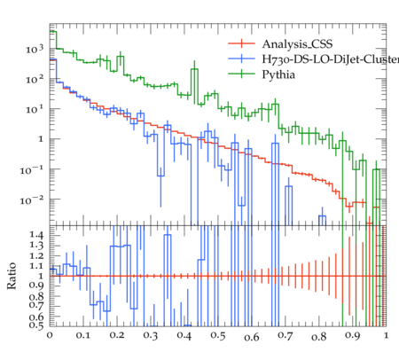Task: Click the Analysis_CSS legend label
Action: (297, 44)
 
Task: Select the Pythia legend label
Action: (278, 74)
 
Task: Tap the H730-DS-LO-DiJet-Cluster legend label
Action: (331, 59)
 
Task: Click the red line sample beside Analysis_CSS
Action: (241, 43)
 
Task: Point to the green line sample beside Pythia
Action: (241, 74)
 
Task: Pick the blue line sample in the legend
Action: (241, 59)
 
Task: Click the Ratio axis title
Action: (12, 276)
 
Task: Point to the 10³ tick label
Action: (35, 49)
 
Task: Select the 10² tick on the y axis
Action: (35, 79)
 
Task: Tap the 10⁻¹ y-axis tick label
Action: (32, 170)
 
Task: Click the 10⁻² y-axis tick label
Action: (32, 200)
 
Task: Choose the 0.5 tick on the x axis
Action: (218, 335)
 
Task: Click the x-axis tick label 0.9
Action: (353, 335)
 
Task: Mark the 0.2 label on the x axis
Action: (117, 335)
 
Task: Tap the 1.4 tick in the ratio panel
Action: (36, 235)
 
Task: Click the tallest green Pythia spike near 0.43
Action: (194, 69)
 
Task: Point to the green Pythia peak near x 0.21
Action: (121, 57)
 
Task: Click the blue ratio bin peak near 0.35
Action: (168, 235)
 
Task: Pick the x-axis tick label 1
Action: (386, 335)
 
